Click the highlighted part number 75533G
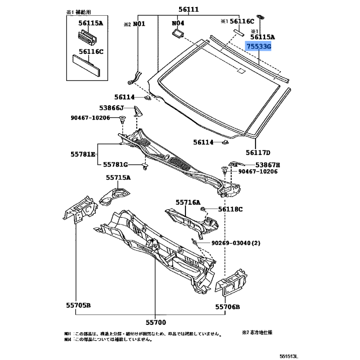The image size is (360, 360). pyautogui.click(x=259, y=46)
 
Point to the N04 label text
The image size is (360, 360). pyautogui.click(x=178, y=23)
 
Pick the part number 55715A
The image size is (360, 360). pyautogui.click(x=118, y=178)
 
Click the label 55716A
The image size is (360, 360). pyautogui.click(x=188, y=203)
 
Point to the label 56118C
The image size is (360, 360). pyautogui.click(x=231, y=209)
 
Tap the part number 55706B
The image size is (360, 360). pyautogui.click(x=227, y=307)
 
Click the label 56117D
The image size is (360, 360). pyautogui.click(x=258, y=153)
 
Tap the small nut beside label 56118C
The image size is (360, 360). pyautogui.click(x=203, y=209)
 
